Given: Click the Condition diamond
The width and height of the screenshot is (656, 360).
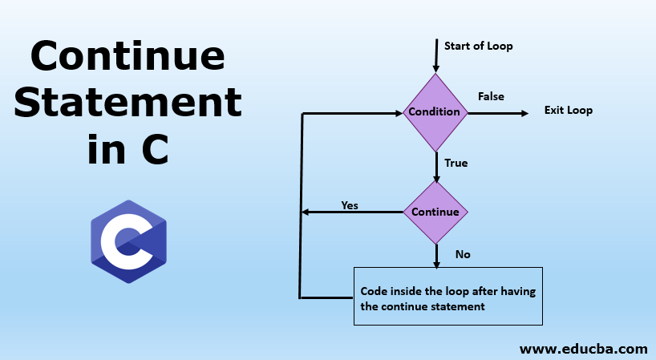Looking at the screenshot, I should coord(435,112).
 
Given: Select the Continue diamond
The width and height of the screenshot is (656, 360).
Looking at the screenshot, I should coord(435,212).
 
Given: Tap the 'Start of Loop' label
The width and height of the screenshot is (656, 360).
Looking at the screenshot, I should coord(478,46).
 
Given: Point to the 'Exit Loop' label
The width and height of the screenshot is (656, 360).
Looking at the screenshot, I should coord(568,110).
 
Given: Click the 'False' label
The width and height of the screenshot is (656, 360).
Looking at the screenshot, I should coord(491,96).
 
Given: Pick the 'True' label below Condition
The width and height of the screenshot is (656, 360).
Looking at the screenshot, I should coord(456,163).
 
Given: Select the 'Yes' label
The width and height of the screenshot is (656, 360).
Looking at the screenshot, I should coord(350,204).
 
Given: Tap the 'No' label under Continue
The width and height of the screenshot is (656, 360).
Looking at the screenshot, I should coord(463,254).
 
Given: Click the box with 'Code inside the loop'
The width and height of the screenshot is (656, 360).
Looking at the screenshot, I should coord(448,297).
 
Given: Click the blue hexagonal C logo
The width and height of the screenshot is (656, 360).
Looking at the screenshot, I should coord(128,237).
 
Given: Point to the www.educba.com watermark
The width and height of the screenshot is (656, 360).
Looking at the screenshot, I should coord(583,349).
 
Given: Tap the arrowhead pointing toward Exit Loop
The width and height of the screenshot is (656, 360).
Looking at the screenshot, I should coord(524,112).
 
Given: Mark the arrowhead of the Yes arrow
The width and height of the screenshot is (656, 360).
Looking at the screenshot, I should coord(306,212).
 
